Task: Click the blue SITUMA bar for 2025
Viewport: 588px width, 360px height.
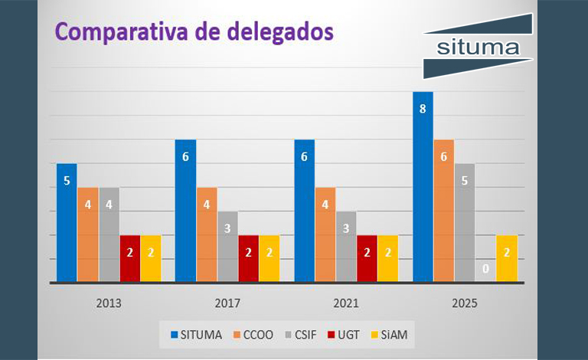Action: [x=423, y=187]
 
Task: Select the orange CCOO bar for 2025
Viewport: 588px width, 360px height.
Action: [x=443, y=211]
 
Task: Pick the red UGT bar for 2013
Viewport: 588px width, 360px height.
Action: [x=130, y=259]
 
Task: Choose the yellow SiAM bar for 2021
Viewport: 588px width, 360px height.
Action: [x=388, y=259]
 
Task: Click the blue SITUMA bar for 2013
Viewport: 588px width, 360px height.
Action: [x=67, y=223]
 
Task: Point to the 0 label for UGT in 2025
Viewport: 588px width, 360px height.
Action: [x=485, y=269]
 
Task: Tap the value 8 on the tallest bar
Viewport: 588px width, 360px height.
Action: [x=423, y=110]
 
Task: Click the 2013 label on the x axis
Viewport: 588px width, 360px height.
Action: [x=108, y=303]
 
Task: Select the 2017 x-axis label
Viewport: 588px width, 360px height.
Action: [x=227, y=303]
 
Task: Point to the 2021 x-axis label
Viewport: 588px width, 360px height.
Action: [x=347, y=303]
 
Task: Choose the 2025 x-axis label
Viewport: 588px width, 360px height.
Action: [x=464, y=303]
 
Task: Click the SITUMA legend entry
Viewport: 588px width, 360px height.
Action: [x=198, y=334]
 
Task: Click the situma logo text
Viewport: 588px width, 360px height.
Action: [x=477, y=48]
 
